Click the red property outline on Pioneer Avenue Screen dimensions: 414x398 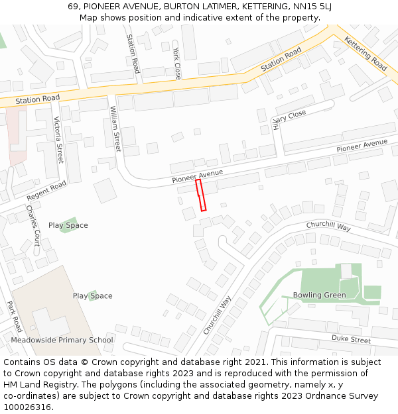pos(201,195)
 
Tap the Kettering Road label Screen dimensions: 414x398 pos(365,54)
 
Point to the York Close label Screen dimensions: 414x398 pos(176,64)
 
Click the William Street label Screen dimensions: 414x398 pos(115,129)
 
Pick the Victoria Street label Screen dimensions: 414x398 pos(58,140)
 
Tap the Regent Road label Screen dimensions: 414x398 pos(46,191)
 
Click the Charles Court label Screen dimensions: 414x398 pos(33,225)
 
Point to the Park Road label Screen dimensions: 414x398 pos(15,317)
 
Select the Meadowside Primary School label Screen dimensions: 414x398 pos(62,340)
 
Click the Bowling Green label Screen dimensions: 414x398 pos(319,295)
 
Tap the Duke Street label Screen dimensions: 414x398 pos(351,339)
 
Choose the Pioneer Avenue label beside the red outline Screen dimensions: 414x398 pos(197,176)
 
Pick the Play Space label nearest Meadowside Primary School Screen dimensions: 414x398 pos(92,295)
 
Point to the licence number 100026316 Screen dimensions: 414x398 pos(26,407)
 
